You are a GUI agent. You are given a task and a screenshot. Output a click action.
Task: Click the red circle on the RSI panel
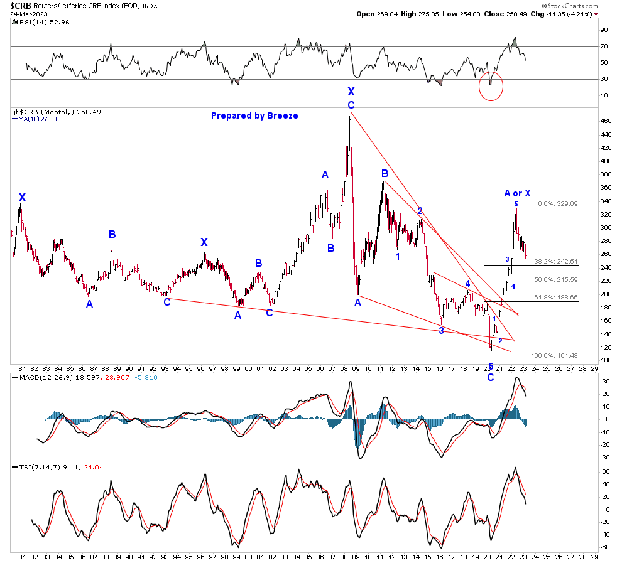(490, 86)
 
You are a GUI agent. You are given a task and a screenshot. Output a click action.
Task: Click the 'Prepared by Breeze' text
(254, 115)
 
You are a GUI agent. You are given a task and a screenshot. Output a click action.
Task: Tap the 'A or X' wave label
(517, 193)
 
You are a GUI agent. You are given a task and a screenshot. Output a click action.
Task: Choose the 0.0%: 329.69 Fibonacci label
(557, 204)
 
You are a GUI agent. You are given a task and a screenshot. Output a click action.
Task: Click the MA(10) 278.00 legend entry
(38, 119)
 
